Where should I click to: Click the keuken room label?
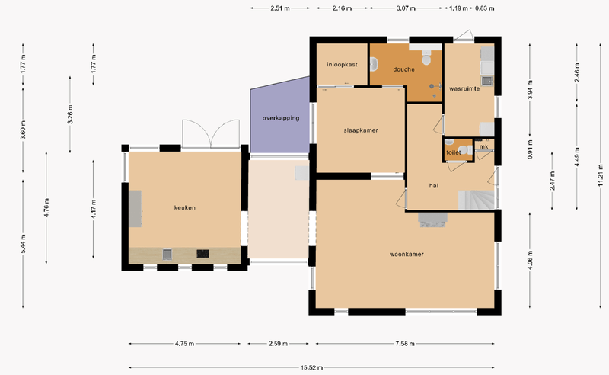coord(184,208)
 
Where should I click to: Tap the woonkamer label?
coord(407,255)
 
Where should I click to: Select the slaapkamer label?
coord(360,130)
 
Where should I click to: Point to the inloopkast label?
coord(342,65)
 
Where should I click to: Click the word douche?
coord(403,69)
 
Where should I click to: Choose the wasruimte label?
coord(464,88)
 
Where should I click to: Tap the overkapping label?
coord(281,118)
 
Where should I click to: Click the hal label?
coord(433,186)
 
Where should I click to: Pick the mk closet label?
coord(484,146)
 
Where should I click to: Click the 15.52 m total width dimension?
coord(311,367)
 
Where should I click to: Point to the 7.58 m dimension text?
coord(405,344)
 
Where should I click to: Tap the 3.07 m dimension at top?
coord(406,8)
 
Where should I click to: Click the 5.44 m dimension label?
coord(24,244)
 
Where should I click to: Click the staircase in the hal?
coord(477,200)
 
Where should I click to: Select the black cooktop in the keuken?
coord(202,254)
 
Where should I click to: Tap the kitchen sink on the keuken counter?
coord(167,255)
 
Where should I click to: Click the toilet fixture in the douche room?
coord(426,59)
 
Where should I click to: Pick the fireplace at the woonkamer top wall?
coord(432,220)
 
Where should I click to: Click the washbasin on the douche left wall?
coord(374,65)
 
